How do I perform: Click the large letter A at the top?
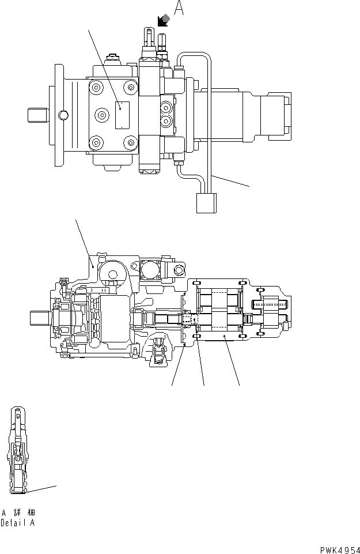tap(179, 10)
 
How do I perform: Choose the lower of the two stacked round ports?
tap(166, 121)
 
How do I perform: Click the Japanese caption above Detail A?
tap(18, 512)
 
